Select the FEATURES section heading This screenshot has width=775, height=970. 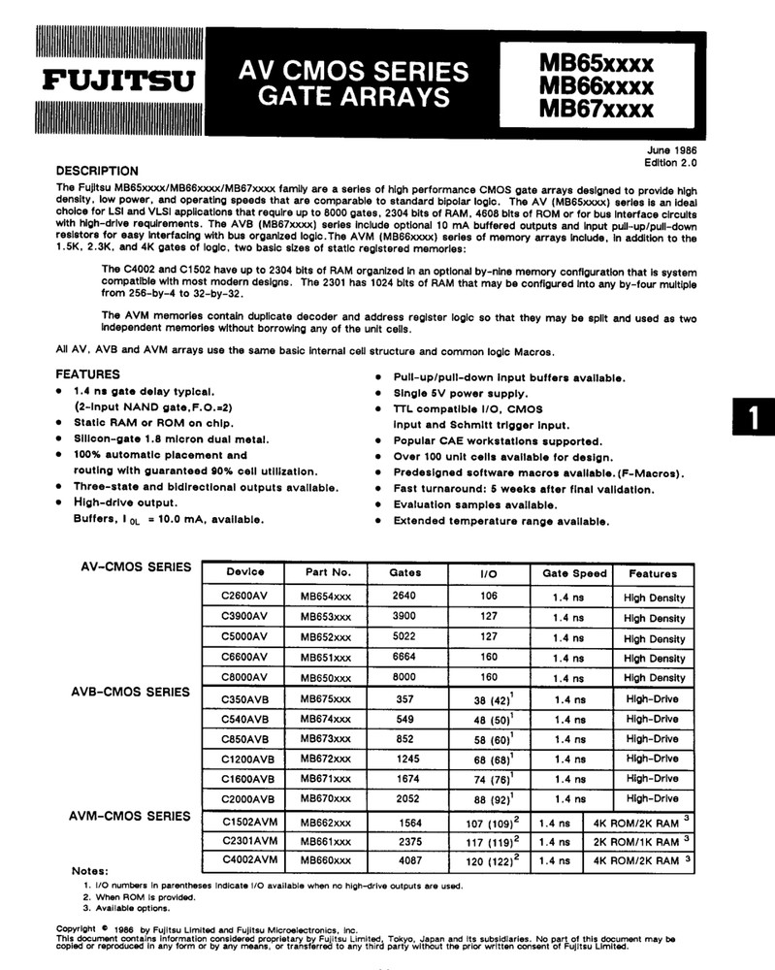[x=87, y=373]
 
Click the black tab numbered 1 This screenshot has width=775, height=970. [x=753, y=420]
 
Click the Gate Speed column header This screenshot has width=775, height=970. [x=574, y=573]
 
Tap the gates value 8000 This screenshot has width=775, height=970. [x=405, y=677]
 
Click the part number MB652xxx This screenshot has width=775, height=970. [x=325, y=637]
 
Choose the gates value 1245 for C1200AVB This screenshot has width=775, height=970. [x=405, y=759]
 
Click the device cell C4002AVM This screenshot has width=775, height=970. [x=249, y=858]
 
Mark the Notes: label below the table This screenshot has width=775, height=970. [x=90, y=870]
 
